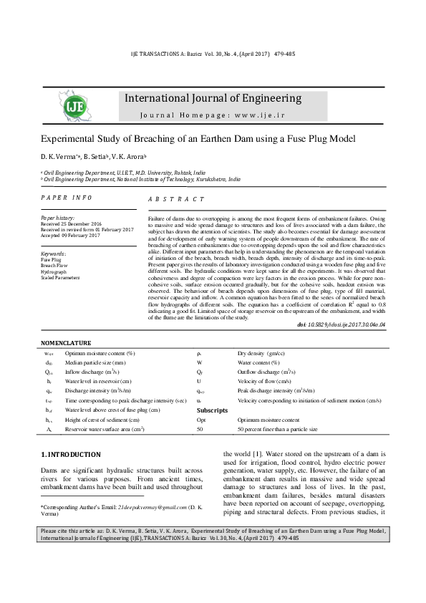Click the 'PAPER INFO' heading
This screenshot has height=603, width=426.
point(66,196)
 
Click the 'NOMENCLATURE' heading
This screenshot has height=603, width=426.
point(66,344)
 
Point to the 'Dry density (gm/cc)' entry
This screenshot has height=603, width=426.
point(261,353)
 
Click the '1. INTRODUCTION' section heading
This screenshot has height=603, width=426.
point(70,454)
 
